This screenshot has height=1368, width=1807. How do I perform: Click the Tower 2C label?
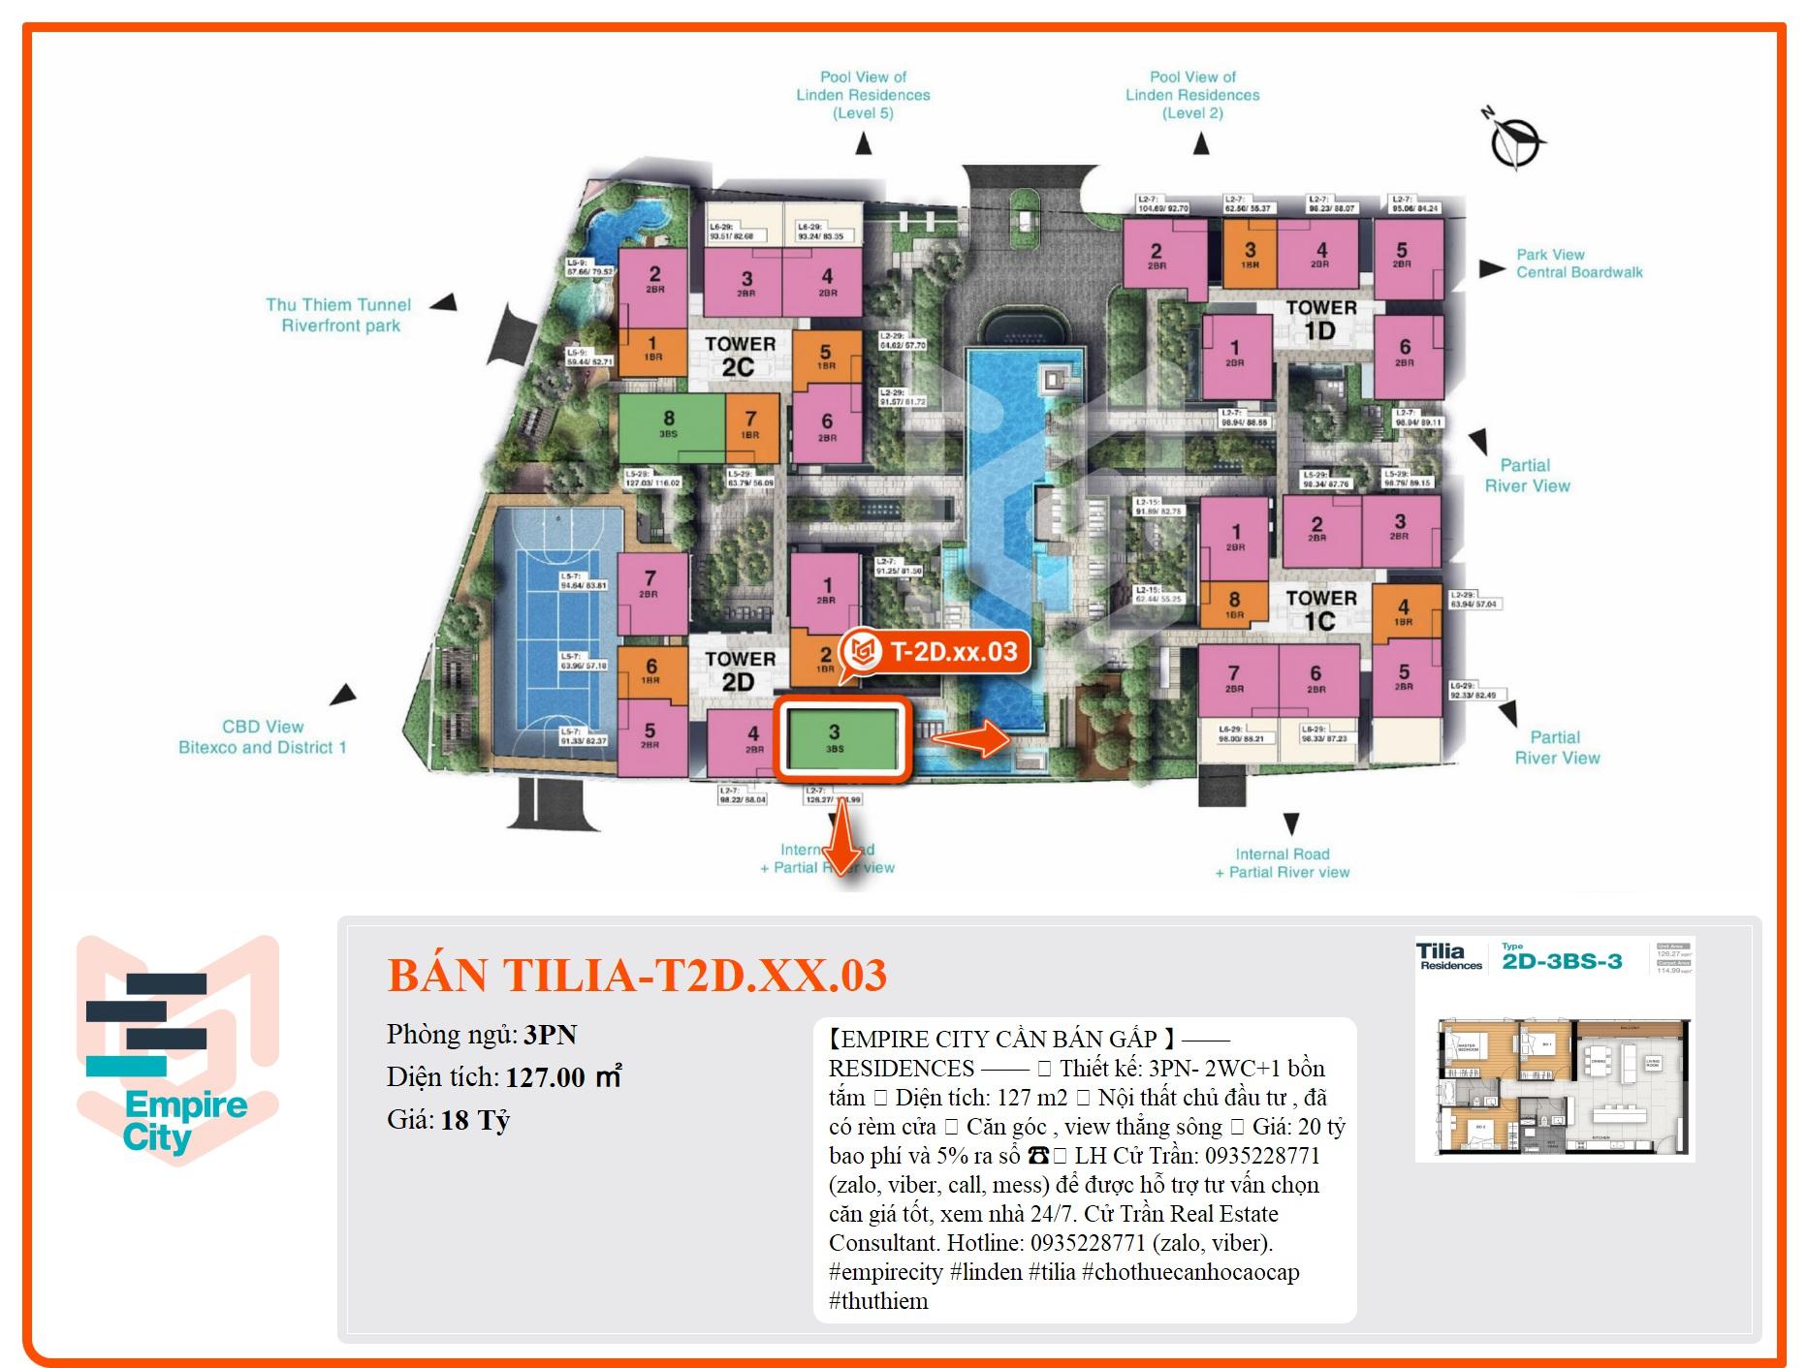740,356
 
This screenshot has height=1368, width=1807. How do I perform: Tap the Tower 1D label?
1320,320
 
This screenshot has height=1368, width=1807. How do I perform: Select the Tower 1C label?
1320,609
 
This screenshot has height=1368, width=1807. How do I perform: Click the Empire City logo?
178,1050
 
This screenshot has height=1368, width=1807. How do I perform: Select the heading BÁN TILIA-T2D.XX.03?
637,975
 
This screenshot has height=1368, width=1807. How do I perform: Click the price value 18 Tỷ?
475,1120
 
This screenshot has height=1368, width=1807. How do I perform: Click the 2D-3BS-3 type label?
1562,961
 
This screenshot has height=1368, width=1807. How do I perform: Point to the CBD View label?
262,736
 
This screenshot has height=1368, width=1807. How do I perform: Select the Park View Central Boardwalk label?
1578,264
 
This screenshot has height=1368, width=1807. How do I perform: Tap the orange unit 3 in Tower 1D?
1250,255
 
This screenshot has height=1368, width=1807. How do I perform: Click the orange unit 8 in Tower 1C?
1234,605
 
